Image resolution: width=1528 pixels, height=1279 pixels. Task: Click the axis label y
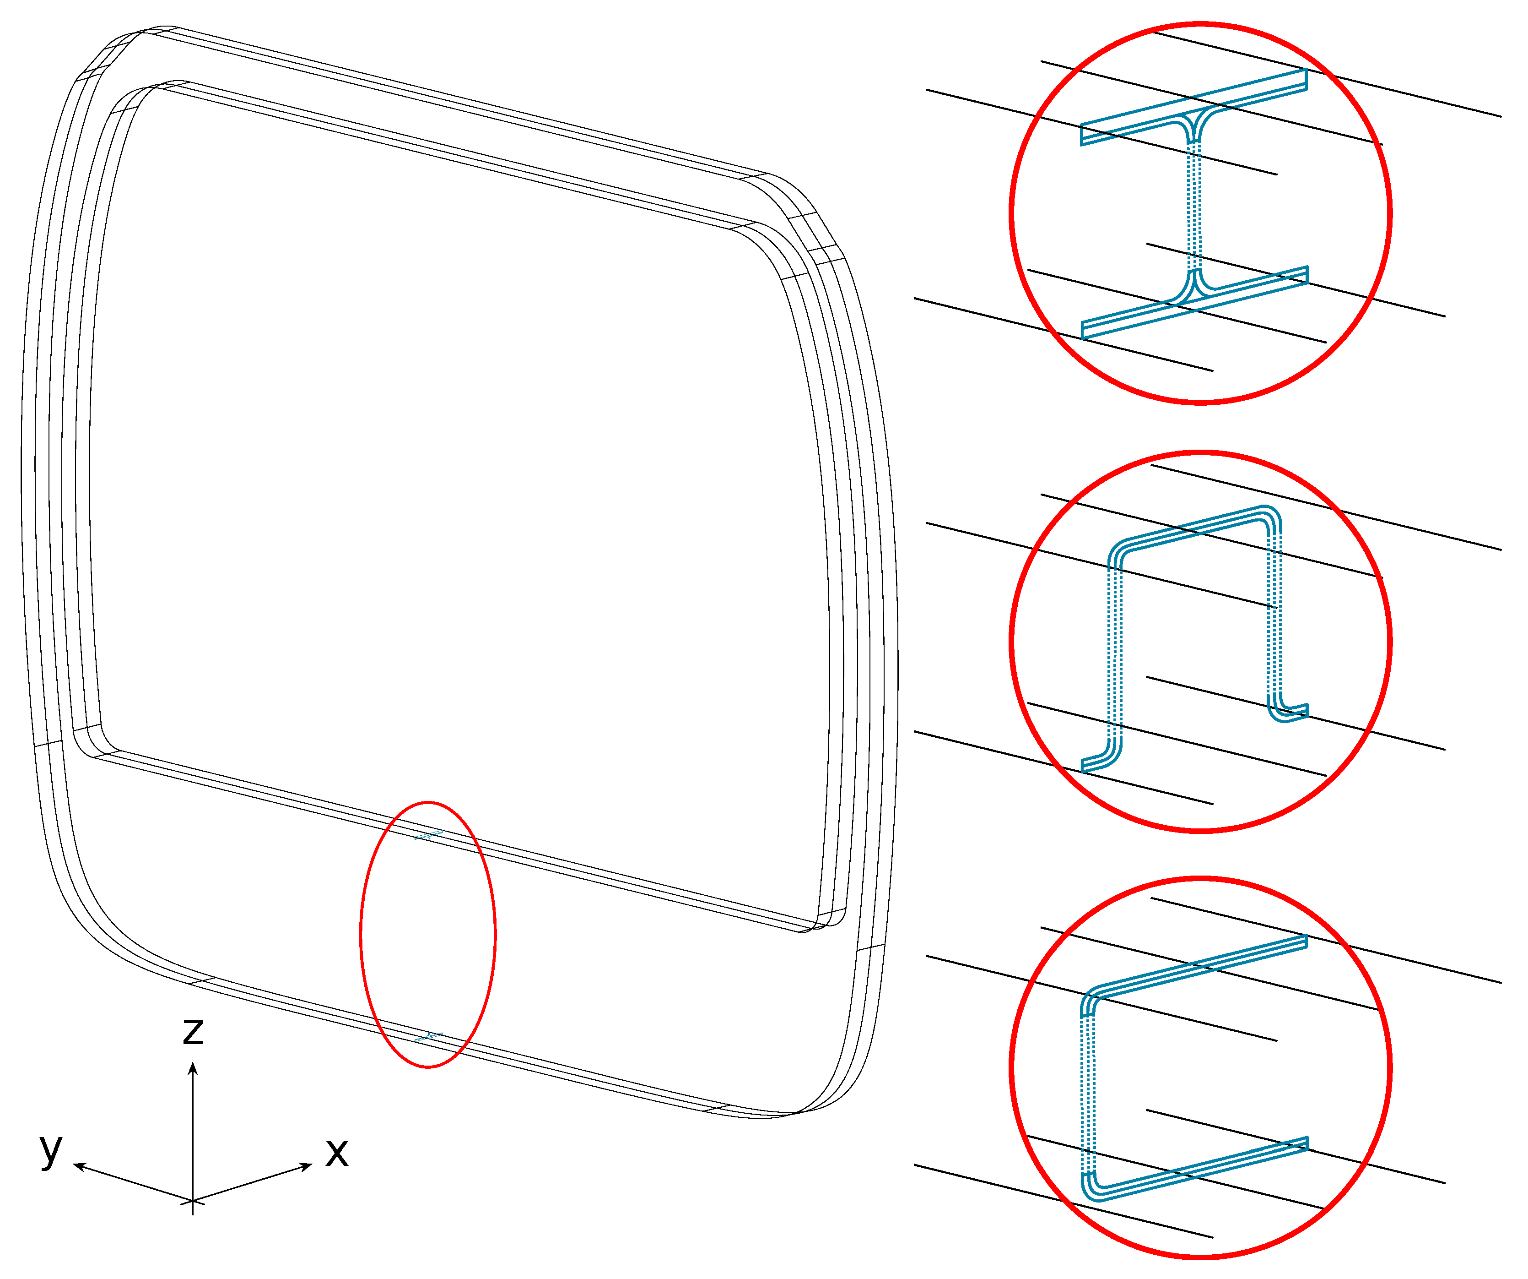pyautogui.click(x=51, y=1150)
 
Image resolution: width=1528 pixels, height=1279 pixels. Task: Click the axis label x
pyautogui.click(x=337, y=1152)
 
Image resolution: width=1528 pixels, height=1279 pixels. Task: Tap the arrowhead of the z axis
pyautogui.click(x=193, y=1069)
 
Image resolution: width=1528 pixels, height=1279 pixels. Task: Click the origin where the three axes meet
pyautogui.click(x=192, y=1200)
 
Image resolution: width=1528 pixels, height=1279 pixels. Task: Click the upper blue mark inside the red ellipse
pyautogui.click(x=429, y=835)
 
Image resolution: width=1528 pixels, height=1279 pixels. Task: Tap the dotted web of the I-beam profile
pyautogui.click(x=1194, y=206)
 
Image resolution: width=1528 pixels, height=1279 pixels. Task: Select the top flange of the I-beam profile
pyautogui.click(x=1194, y=107)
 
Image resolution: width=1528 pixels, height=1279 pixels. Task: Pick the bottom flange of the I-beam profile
pyautogui.click(x=1194, y=302)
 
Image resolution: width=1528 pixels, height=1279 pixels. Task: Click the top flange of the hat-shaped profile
pyautogui.click(x=1194, y=527)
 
